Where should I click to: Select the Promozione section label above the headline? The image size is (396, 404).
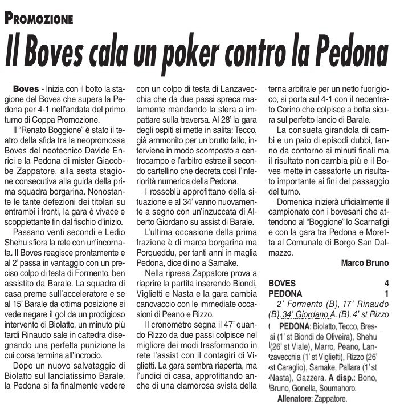(x=39, y=18)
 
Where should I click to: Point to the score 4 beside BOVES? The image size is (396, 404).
(x=386, y=284)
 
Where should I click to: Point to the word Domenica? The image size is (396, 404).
(x=297, y=203)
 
